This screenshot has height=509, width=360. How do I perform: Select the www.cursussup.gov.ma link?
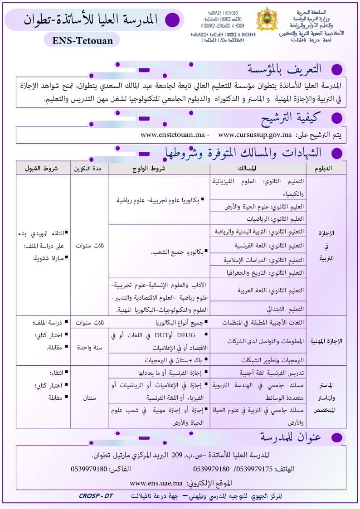(x=255, y=135)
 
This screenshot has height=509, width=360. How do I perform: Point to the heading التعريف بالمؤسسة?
(x=285, y=69)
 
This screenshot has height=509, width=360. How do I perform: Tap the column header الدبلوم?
(x=329, y=168)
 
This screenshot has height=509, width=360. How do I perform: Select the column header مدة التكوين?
(x=89, y=168)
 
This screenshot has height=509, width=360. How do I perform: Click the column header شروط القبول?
(x=43, y=168)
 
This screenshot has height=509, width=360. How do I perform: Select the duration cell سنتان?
(x=89, y=398)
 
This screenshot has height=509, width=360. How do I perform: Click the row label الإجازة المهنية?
(x=328, y=341)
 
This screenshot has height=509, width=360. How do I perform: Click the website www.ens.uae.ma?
(x=156, y=483)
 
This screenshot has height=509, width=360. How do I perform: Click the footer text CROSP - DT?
(x=95, y=496)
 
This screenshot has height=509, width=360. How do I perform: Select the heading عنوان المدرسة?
(x=291, y=437)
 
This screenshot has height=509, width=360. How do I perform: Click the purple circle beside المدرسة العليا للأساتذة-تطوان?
(x=171, y=19)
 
